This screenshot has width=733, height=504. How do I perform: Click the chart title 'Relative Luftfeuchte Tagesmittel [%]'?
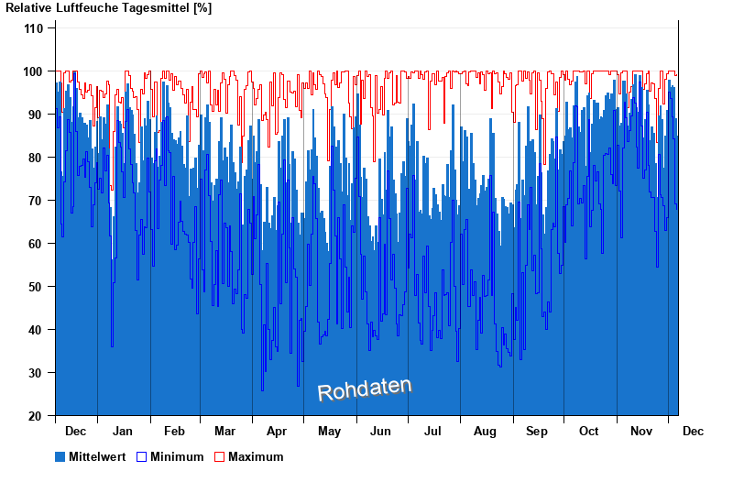coord(108,8)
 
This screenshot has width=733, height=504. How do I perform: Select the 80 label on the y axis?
coord(36,158)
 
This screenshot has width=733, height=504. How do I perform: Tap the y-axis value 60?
coord(36,244)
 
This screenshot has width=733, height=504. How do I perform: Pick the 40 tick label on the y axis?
coord(36,330)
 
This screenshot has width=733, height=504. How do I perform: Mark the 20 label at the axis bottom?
coord(36,416)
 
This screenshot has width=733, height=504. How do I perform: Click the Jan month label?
coord(122,431)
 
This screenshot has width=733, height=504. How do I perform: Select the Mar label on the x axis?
coord(224,431)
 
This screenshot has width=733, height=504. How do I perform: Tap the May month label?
coord(329,431)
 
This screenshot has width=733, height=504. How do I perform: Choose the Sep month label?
coord(537,431)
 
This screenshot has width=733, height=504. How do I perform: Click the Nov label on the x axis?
coord(640,431)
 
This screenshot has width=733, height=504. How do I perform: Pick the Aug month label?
coord(485,431)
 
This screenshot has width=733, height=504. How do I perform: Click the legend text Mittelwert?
coord(98,456)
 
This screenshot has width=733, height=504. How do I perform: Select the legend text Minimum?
coord(177,456)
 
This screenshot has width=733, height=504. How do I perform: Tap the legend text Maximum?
coord(256,456)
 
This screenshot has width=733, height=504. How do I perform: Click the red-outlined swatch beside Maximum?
coord(219,456)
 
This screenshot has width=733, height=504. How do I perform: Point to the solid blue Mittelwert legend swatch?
coord(60,456)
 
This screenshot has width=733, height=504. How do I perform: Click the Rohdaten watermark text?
coord(365,389)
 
